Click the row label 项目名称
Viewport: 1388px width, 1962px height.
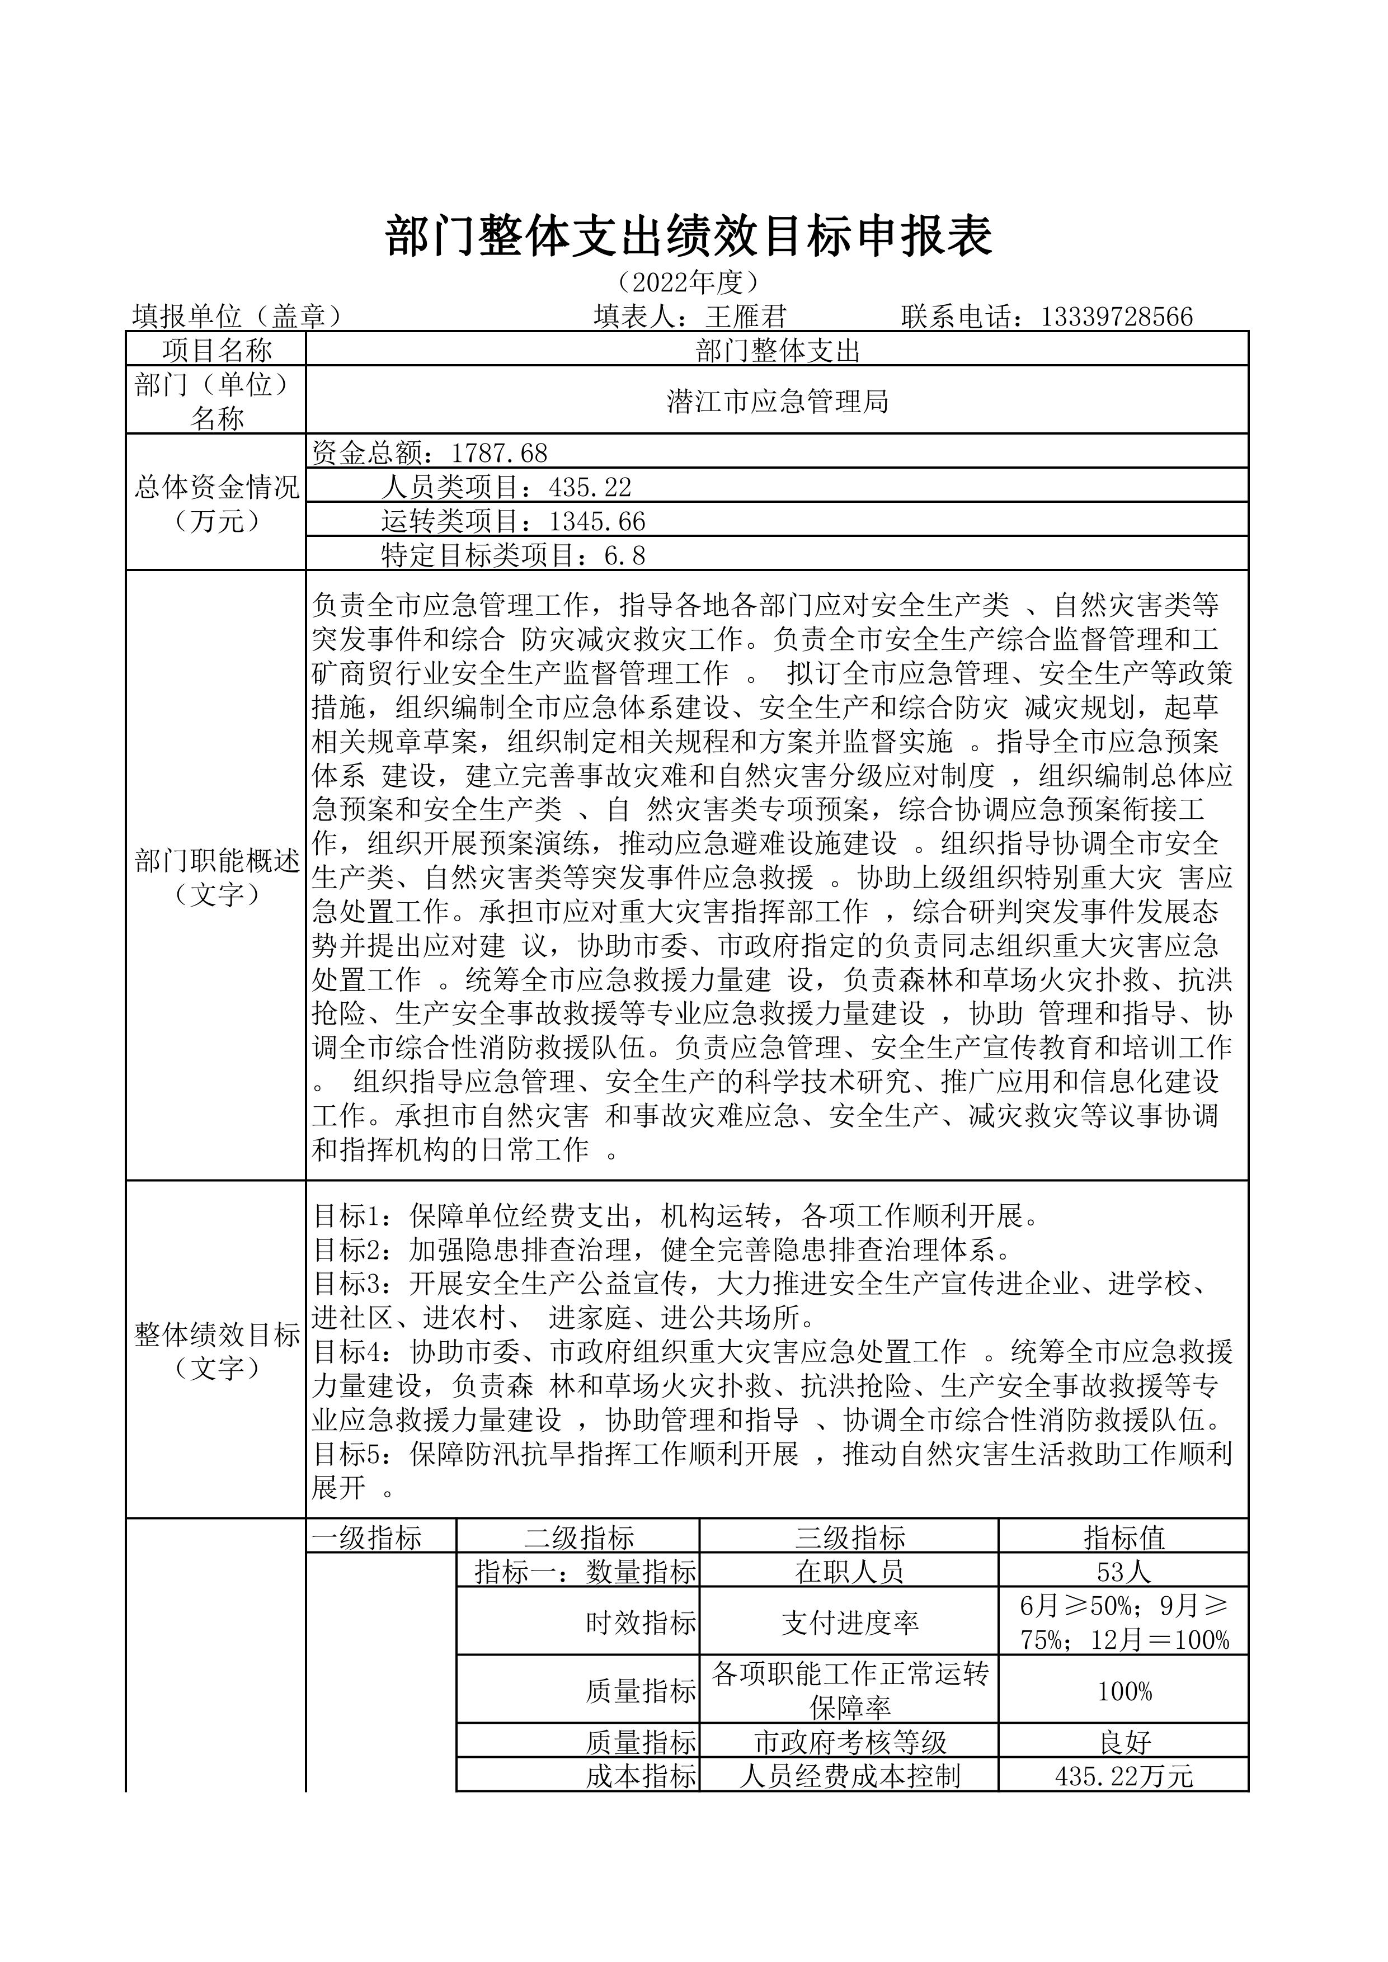tap(217, 350)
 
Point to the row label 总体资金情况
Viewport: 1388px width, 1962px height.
tap(217, 488)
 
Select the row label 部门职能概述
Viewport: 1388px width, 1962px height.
tap(217, 861)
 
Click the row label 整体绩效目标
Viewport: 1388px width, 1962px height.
tap(217, 1334)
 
